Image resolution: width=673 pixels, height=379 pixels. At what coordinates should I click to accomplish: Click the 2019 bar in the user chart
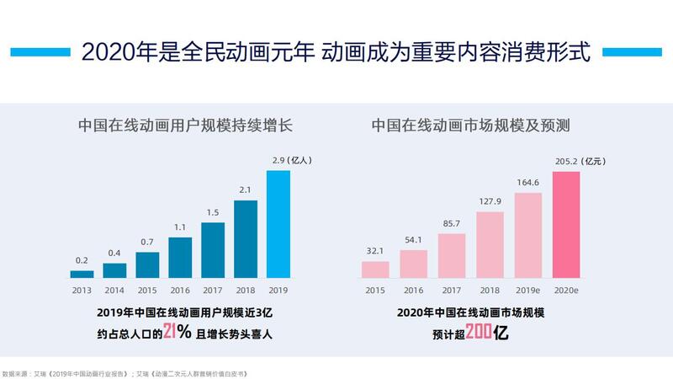[278, 224]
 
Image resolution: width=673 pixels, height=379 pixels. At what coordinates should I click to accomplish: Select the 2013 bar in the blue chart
[82, 274]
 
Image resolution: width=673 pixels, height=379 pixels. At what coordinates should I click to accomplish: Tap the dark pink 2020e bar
[565, 225]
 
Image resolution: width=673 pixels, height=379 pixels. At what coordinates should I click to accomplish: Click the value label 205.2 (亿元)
[577, 162]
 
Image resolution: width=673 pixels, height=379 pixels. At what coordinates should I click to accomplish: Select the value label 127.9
[490, 201]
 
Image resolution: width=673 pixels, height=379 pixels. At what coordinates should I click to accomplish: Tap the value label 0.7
[147, 242]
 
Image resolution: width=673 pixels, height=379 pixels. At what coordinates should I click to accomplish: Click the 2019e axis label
[527, 289]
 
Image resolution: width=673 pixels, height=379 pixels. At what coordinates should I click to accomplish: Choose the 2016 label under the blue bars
[180, 289]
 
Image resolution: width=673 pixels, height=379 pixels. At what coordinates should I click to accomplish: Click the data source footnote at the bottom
[126, 371]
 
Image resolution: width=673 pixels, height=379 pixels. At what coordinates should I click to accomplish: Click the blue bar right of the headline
[639, 50]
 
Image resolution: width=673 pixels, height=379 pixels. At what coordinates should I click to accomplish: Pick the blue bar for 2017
[213, 250]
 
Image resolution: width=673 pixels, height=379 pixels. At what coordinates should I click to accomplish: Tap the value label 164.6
[527, 183]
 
